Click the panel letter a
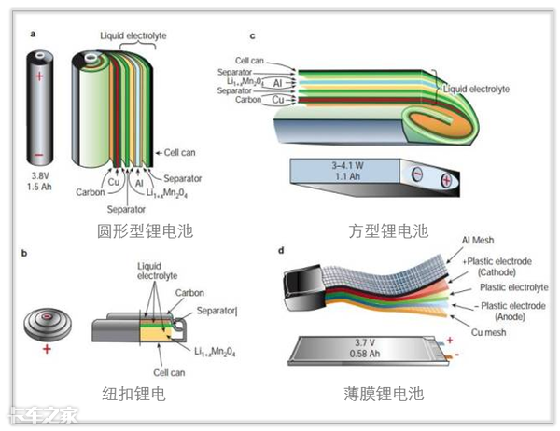tap(34, 35)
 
